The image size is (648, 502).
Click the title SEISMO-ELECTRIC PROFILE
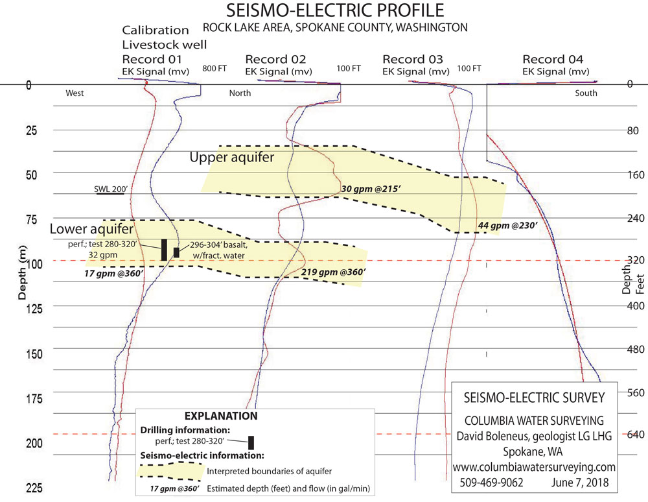334,11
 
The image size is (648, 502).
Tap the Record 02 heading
280,60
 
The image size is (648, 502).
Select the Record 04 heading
557,60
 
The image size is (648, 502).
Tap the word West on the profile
75,93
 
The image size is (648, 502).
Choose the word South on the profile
585,93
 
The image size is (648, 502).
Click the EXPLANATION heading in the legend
221,416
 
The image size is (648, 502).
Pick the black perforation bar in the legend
251,442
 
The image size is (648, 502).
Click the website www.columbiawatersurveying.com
534,467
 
